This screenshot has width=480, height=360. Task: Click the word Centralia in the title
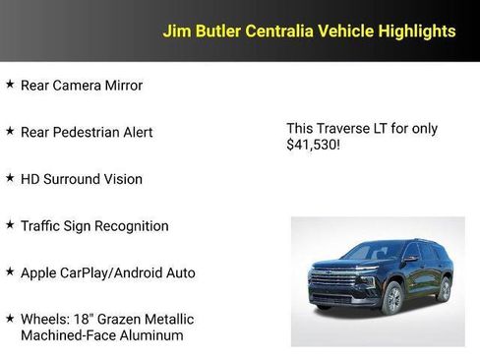pyautogui.click(x=277, y=31)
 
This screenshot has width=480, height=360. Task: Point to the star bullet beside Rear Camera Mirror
pyautogui.click(x=10, y=85)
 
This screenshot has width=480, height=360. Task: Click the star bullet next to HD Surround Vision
pyautogui.click(x=10, y=178)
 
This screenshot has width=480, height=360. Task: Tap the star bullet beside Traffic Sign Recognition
pyautogui.click(x=10, y=225)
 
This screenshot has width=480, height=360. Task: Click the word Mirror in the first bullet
pyautogui.click(x=122, y=86)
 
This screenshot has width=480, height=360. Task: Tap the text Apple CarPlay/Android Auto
pyautogui.click(x=107, y=272)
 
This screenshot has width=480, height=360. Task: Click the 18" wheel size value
pyautogui.click(x=84, y=320)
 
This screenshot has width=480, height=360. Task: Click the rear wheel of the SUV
pyautogui.click(x=444, y=288)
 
